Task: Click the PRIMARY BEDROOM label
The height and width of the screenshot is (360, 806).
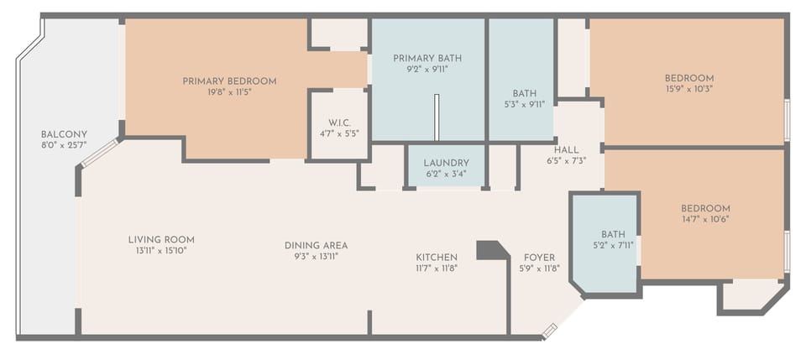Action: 229,81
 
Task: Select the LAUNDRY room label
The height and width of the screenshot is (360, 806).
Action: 446,163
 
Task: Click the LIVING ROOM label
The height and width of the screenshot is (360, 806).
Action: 161,239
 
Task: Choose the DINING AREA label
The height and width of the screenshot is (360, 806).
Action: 316,246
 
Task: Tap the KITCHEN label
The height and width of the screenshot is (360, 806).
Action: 437,257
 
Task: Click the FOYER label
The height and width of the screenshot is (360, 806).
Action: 539,257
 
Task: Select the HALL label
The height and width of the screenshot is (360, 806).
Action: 567,149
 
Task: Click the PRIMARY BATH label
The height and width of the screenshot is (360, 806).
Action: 427,58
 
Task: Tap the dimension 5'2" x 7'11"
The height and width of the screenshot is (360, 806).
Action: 613,246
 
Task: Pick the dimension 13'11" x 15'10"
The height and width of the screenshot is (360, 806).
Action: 161,251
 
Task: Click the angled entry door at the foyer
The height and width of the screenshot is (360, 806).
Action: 549,331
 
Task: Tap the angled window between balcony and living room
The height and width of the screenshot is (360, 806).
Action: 100,153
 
